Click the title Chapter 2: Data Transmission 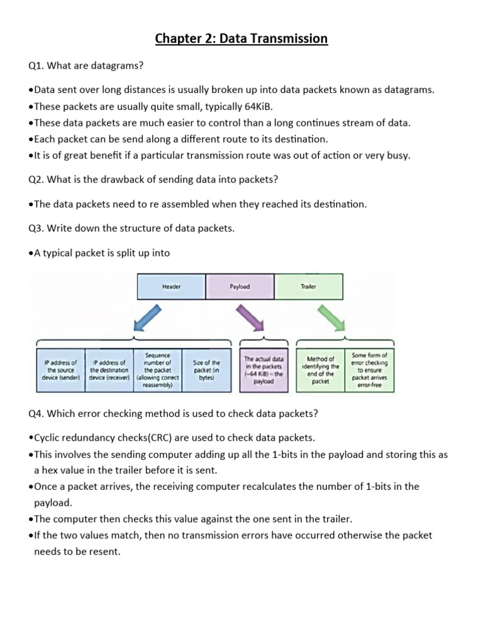coord(241,39)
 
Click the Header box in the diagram coord(172,286)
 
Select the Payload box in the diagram coord(240,286)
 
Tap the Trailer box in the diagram coord(308,286)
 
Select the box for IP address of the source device coord(60,370)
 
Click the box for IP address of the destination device coord(109,370)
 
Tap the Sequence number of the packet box coord(158,370)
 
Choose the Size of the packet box coord(206,370)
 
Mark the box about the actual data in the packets coord(264,370)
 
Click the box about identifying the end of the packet coord(321,370)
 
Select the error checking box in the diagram coord(370,370)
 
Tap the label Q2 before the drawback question coord(36,179)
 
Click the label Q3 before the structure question coord(36,228)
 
